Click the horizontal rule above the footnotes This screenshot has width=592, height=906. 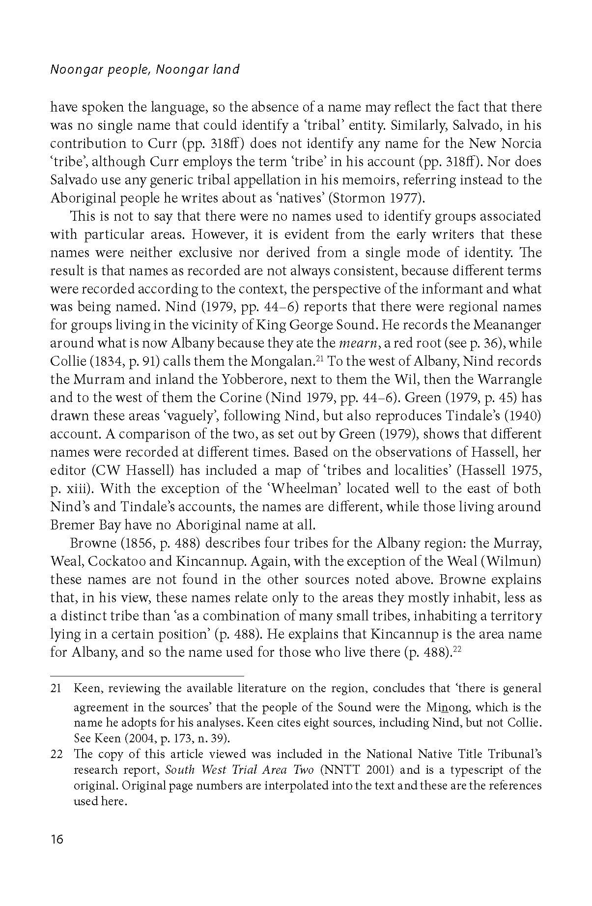[147, 676]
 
